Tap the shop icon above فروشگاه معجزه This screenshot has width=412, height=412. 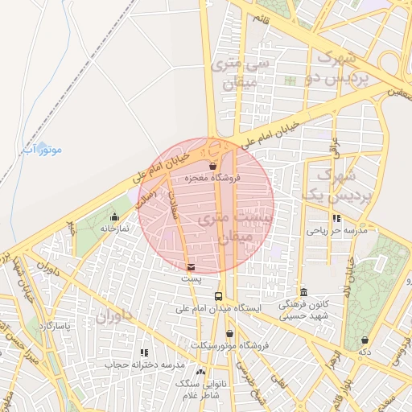212,167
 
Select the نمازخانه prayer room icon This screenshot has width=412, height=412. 115,216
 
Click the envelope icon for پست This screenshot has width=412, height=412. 190,267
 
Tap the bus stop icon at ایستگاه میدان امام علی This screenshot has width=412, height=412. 218,296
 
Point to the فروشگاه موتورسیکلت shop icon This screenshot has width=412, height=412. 229,334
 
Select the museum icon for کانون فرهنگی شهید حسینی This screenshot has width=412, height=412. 303,292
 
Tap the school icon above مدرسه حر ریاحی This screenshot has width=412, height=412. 336,218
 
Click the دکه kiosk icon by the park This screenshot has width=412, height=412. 365,340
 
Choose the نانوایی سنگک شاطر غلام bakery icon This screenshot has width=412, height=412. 200,372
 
